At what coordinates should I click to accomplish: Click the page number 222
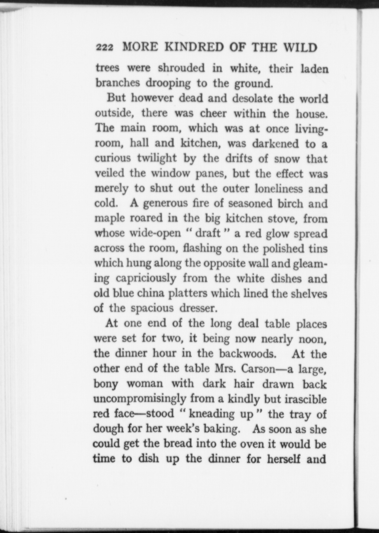tap(104, 48)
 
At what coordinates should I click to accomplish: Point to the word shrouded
tap(182, 68)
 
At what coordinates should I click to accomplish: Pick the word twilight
tap(157, 158)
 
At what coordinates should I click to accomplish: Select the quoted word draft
tap(208, 233)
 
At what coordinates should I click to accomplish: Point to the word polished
tap(283, 249)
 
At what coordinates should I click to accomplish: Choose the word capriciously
tap(146, 279)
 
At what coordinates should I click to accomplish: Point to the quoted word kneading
tap(212, 414)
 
